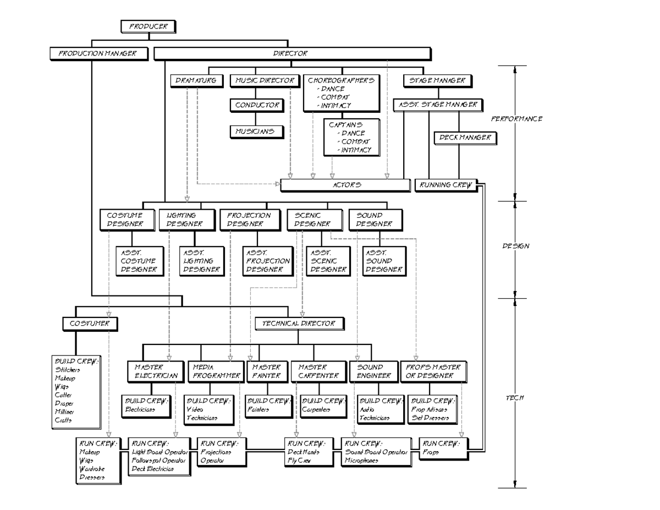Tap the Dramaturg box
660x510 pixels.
tap(196, 80)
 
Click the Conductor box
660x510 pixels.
tap(257, 105)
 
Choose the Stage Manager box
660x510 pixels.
tap(437, 80)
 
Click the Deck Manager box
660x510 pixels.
tap(465, 138)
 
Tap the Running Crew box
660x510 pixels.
tap(446, 185)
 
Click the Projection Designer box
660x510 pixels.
tap(249, 220)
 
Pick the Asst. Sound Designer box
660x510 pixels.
tap(384, 261)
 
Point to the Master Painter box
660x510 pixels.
tap(266, 371)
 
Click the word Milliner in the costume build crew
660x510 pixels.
tap(64, 412)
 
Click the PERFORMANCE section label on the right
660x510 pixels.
tap(516, 119)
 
